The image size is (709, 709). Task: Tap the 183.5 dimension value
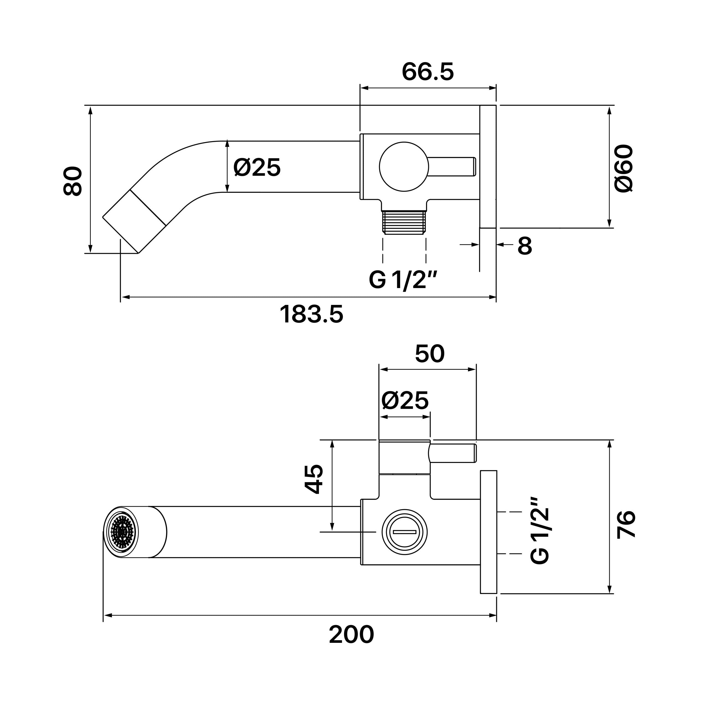(312, 314)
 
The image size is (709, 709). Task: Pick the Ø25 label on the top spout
(257, 167)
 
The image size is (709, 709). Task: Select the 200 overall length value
(351, 634)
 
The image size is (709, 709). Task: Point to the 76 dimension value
(626, 524)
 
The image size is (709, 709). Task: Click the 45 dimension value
(314, 479)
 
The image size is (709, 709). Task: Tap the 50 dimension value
(430, 353)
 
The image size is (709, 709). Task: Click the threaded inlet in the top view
(404, 222)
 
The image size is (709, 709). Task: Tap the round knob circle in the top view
(404, 167)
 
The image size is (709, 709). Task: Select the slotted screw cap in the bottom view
(404, 532)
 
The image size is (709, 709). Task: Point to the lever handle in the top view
(452, 167)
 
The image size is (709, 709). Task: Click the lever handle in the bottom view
(453, 453)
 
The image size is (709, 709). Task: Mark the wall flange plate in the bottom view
(489, 532)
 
